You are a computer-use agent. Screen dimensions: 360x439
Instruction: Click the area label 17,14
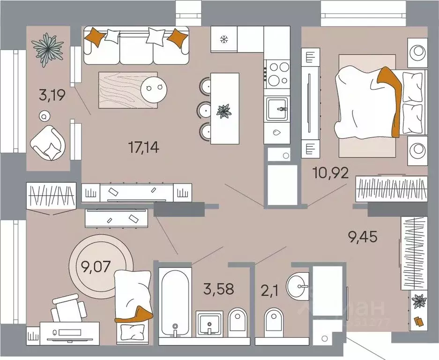click(144, 148)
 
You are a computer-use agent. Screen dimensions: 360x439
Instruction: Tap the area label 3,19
click(52, 97)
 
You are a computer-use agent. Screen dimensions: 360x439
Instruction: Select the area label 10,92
click(331, 173)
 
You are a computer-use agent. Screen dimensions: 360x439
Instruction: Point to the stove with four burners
click(277, 73)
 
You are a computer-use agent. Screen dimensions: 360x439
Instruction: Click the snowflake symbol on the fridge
click(224, 40)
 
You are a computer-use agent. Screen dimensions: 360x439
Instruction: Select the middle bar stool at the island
click(206, 109)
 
